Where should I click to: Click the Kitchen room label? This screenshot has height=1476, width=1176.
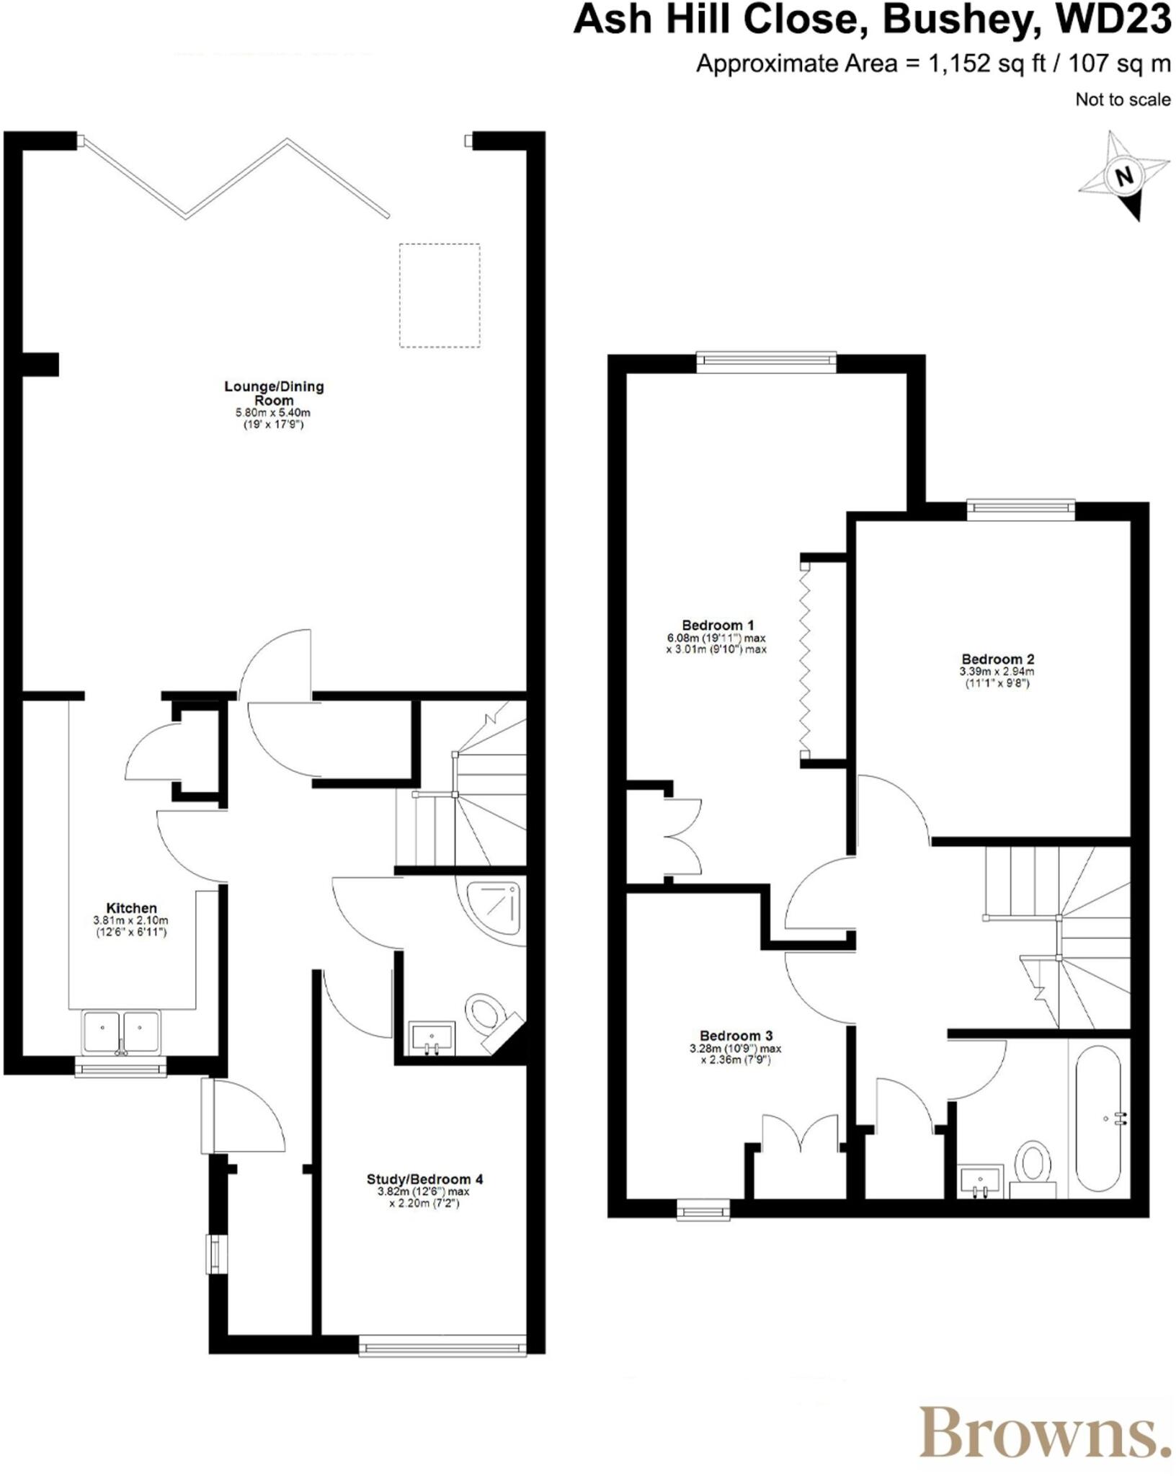click(131, 908)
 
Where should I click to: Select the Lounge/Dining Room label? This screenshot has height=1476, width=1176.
click(274, 393)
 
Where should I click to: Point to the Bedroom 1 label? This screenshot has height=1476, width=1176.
click(718, 625)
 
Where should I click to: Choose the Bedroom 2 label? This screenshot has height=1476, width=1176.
click(997, 659)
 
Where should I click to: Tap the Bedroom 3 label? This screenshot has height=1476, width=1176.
click(736, 1036)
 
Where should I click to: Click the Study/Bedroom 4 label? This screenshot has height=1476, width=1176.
click(424, 1179)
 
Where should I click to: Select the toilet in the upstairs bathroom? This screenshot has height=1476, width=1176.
click(1033, 1165)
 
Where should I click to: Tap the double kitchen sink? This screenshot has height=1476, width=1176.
click(120, 1032)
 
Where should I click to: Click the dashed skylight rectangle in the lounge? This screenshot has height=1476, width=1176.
click(440, 295)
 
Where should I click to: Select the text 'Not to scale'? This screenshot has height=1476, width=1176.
click(1122, 99)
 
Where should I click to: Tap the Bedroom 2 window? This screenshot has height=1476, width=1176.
click(1020, 509)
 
